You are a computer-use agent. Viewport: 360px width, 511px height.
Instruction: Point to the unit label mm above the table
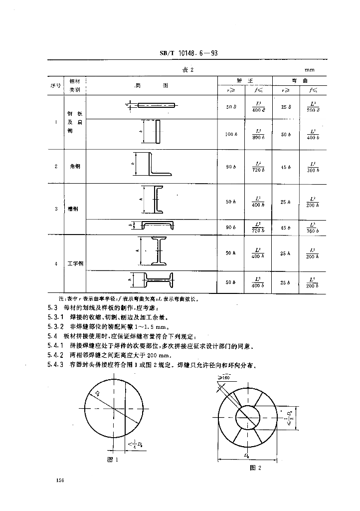tap(310, 70)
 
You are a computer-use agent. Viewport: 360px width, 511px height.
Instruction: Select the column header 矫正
tap(244, 81)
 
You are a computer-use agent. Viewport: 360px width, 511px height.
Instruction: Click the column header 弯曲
tap(300, 81)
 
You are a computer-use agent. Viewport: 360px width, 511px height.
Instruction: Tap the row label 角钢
tap(75, 166)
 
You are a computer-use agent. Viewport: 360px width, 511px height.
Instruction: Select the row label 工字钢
tap(75, 263)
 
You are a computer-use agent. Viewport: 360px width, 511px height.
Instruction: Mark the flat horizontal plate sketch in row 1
tap(156, 105)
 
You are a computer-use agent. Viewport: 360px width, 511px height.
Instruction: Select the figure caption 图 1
tap(112, 460)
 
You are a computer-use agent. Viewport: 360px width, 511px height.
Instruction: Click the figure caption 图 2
tap(255, 468)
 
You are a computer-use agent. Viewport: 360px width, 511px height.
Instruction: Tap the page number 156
tap(61, 480)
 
